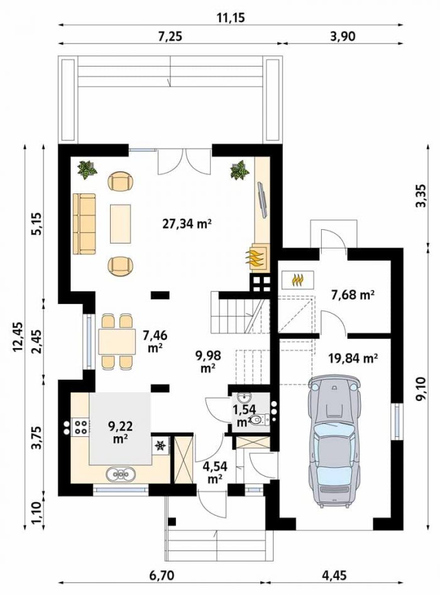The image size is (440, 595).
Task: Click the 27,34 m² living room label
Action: point(187,224)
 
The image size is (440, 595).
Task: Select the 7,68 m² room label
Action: point(353,295)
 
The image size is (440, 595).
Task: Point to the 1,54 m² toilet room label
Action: point(245,415)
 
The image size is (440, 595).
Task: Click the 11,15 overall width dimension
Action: point(231,18)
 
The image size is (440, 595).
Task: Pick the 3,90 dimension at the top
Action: point(343,37)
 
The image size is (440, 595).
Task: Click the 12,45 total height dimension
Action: point(18,337)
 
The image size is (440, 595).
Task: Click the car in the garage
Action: point(334,441)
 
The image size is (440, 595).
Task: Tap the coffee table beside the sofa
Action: point(121,224)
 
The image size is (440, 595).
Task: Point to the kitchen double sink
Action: point(121,474)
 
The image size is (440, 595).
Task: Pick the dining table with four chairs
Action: point(117,341)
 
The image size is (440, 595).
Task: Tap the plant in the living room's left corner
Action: point(87,169)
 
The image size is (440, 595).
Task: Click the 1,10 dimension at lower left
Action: point(36,513)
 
